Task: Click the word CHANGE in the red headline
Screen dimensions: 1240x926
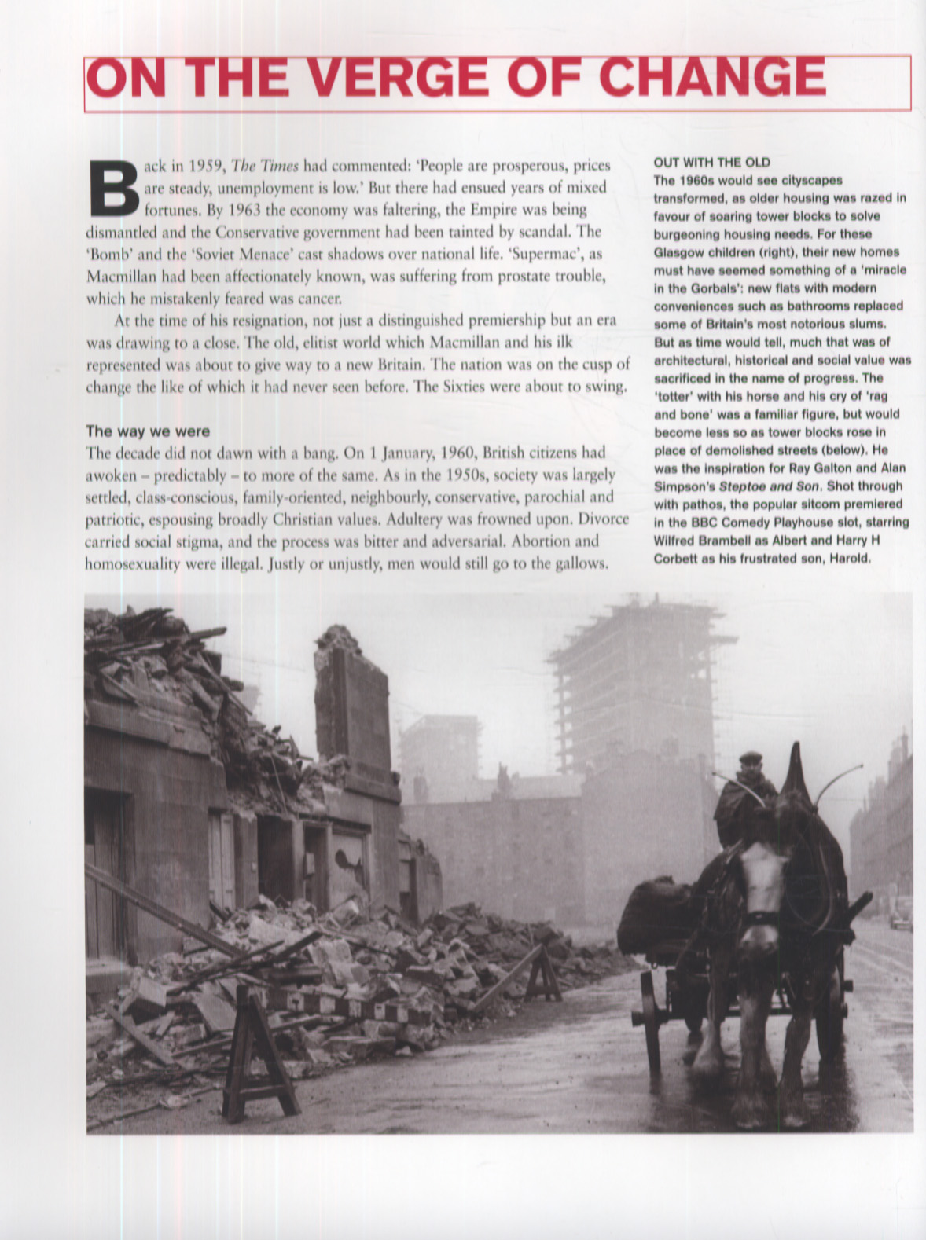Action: [715, 79]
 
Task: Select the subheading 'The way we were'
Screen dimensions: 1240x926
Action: [148, 431]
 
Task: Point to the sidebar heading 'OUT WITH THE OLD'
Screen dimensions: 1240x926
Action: [712, 163]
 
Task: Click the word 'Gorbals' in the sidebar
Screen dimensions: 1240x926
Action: [718, 288]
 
